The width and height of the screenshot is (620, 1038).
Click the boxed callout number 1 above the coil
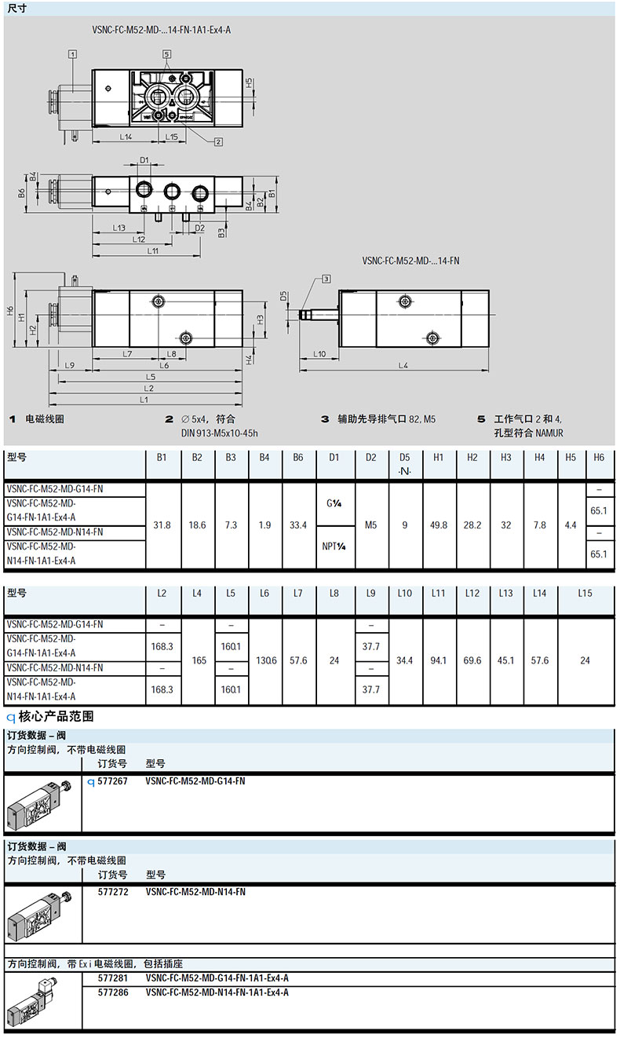coord(72,54)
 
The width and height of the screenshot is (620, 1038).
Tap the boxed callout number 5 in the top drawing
coord(166,54)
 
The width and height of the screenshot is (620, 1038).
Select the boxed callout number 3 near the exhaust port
coord(326,278)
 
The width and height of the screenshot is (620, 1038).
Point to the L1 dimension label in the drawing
coord(144,400)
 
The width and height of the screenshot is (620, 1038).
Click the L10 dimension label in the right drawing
coord(319,354)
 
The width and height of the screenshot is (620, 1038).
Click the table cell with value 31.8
coord(163,524)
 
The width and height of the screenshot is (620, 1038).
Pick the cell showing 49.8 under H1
coord(439,524)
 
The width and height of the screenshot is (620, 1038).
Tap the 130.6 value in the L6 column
coord(266,660)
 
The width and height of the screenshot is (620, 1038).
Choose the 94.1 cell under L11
coord(439,660)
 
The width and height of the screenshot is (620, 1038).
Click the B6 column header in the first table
coord(298,458)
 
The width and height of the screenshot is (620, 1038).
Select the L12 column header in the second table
coord(472,594)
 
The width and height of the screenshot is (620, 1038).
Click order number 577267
coord(112,781)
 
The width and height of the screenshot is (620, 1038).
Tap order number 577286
coord(112,992)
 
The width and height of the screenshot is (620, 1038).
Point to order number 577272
coord(112,892)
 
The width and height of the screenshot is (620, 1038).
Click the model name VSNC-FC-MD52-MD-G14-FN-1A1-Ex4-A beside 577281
coord(217,978)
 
